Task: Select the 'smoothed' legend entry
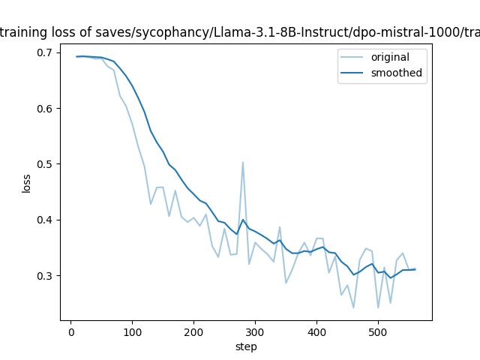tap(396, 73)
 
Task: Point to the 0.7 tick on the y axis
tap(45, 52)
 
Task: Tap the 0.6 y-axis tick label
tap(45, 109)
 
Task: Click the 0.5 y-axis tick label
tap(45, 164)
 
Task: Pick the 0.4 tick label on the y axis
tap(45, 220)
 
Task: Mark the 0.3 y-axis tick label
tap(45, 276)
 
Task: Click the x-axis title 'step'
tap(246, 346)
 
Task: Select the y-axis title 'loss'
tap(26, 183)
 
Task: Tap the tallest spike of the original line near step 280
tap(243, 162)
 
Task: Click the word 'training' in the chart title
tap(22, 32)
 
